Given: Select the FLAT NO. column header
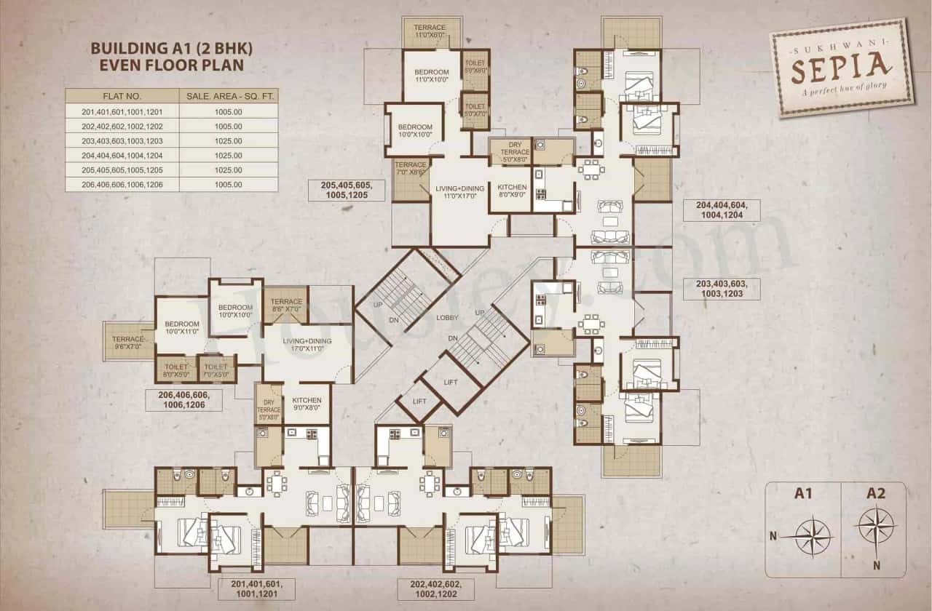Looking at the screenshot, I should (122, 96).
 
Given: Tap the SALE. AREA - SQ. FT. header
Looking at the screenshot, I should (228, 96).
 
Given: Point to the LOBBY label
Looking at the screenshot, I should (447, 318).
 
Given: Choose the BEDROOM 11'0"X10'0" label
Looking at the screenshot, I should (432, 76).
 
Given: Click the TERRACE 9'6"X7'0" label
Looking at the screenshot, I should (128, 342).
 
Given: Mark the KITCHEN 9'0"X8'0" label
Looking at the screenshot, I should (307, 404).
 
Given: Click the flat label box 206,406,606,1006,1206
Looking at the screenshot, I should (183, 399).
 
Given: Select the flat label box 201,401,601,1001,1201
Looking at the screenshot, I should (256, 588).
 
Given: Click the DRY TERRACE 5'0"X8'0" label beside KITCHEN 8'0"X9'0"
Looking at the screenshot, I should (510, 149).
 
